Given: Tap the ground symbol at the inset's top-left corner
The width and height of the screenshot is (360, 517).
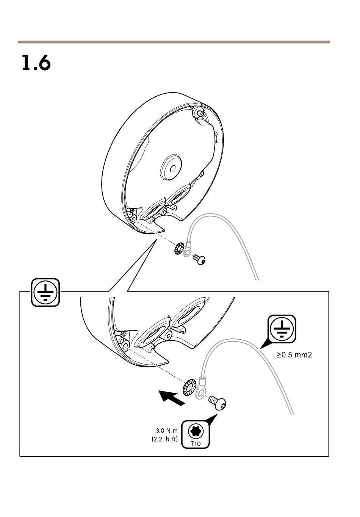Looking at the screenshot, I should click(45, 292).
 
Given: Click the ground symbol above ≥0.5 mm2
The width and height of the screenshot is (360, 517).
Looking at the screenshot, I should click(282, 329).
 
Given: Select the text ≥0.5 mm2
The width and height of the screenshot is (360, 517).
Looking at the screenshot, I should click(294, 355).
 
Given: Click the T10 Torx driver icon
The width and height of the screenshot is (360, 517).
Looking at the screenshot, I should click(196, 431).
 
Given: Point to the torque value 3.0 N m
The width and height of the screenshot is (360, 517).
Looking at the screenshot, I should click(166, 431).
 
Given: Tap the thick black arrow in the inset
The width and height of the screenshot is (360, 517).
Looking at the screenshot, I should click(172, 398).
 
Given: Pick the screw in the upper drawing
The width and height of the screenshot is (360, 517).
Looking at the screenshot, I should click(199, 260).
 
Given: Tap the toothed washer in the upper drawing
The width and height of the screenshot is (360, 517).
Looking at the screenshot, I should click(179, 249).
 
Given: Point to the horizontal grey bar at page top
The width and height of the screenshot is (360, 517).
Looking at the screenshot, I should click(174, 42).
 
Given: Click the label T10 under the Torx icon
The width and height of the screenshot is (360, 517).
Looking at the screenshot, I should click(196, 443).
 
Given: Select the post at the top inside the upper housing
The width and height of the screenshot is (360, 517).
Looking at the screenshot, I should click(199, 113).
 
